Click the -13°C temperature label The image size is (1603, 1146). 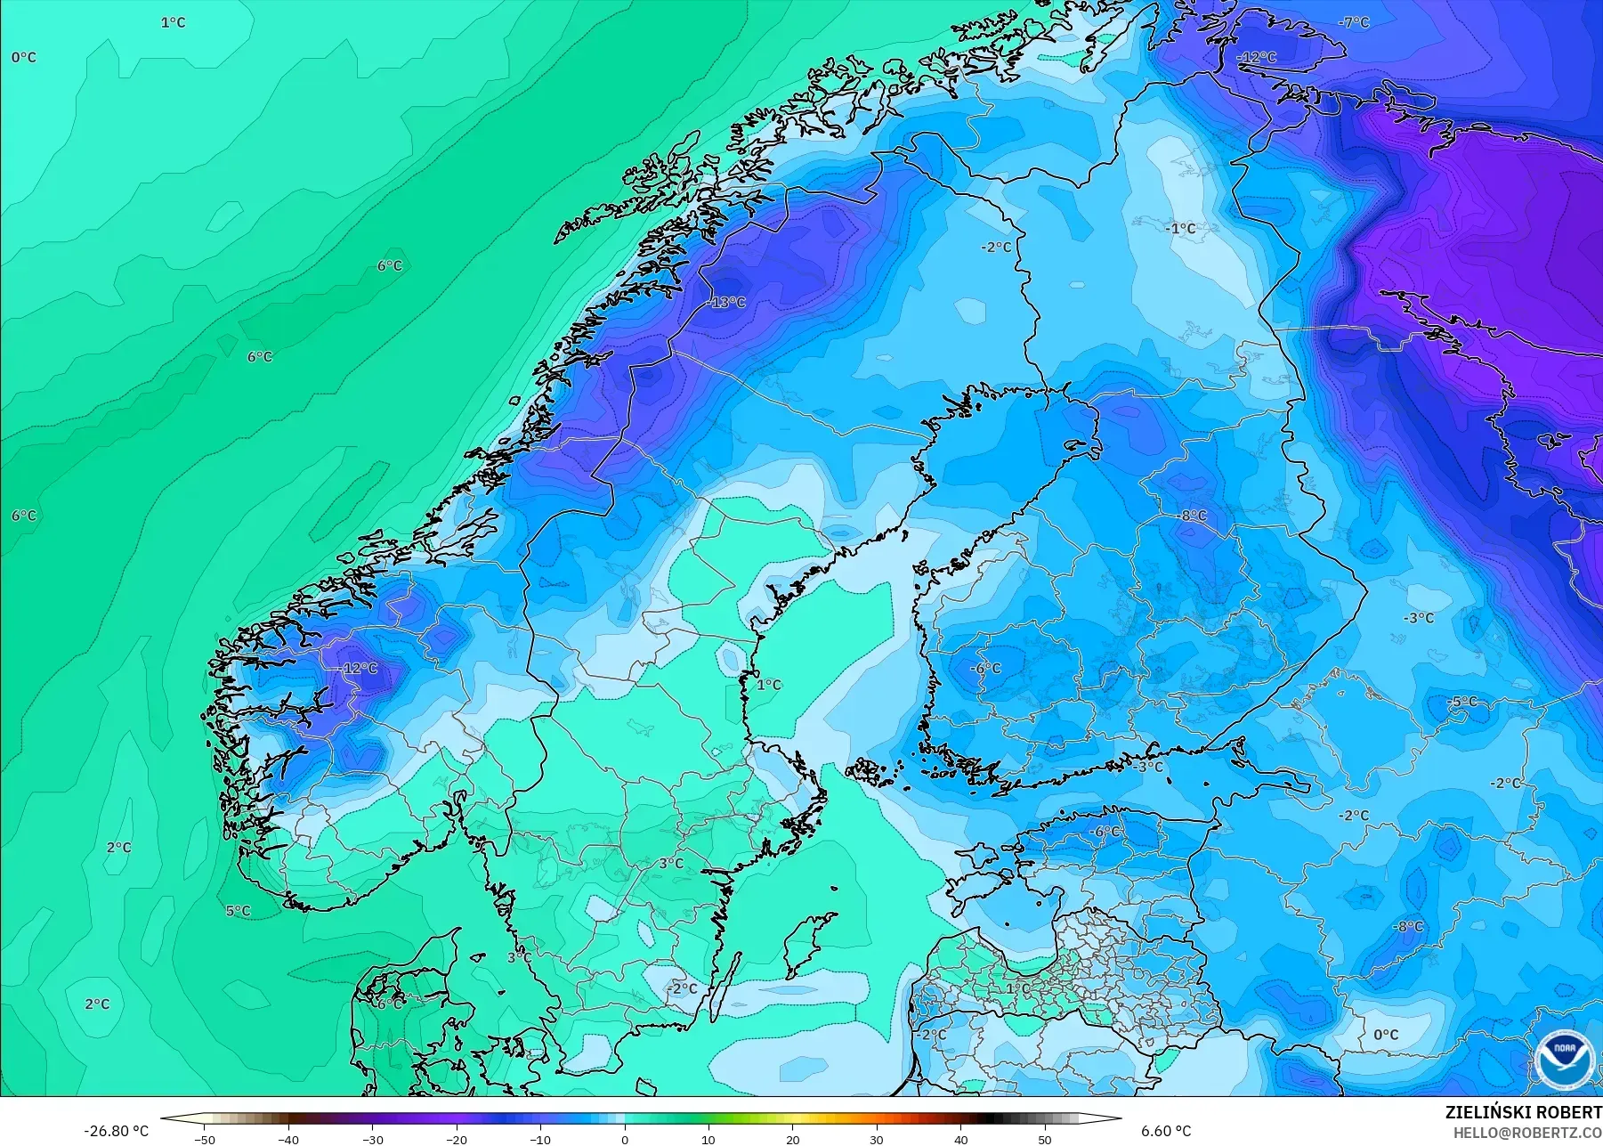click(x=727, y=303)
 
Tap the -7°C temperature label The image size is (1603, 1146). click(x=1355, y=22)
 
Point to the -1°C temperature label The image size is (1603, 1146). click(x=1180, y=229)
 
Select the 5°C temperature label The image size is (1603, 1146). click(x=238, y=911)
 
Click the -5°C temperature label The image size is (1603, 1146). click(x=1461, y=702)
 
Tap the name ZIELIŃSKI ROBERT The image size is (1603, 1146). click(x=1523, y=1113)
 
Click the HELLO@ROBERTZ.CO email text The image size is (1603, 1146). click(x=1527, y=1133)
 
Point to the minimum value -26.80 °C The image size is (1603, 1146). click(x=116, y=1131)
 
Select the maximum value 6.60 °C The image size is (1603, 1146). click(x=1166, y=1131)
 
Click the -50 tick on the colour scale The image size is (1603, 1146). click(x=205, y=1139)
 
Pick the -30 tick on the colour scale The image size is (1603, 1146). click(x=372, y=1139)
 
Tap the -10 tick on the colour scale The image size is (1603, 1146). click(x=540, y=1139)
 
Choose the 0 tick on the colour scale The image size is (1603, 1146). click(x=624, y=1139)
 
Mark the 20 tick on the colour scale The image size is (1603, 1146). click(x=792, y=1139)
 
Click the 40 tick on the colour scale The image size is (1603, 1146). click(x=960, y=1139)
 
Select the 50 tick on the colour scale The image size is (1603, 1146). click(x=1044, y=1139)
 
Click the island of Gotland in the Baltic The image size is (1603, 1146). click(x=804, y=946)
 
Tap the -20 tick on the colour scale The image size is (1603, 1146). click(x=456, y=1139)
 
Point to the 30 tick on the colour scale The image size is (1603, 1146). click(x=876, y=1139)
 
